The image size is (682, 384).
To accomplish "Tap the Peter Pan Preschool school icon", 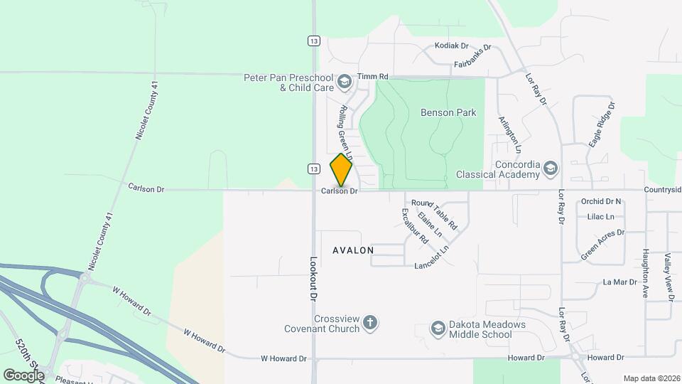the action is pos(345,82).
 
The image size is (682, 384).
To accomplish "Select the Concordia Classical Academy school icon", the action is pos(551,168).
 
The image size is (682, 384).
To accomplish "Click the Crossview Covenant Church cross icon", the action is pos(369,324).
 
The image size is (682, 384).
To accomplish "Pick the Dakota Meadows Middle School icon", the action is pos(438,328).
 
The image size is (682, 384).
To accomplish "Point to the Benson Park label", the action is pos(448,112).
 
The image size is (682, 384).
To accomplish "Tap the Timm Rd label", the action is pos(373,76).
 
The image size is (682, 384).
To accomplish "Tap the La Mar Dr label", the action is pos(619,282).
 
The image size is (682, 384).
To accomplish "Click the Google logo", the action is pos(24,375).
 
